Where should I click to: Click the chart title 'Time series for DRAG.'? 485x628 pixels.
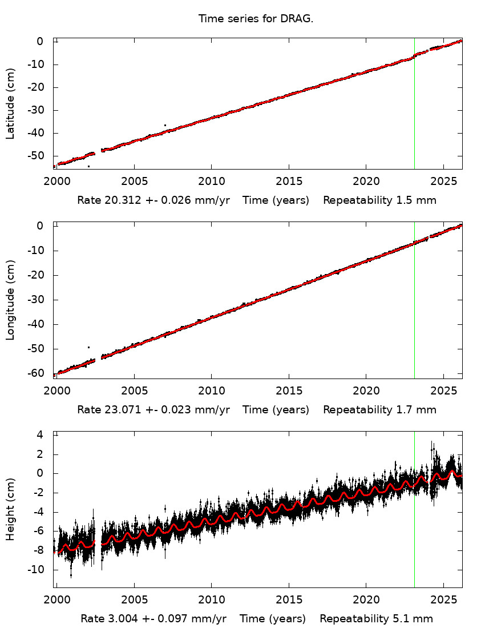point(256,19)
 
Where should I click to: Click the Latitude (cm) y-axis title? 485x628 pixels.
point(10,103)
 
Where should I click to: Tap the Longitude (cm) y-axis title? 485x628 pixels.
point(10,300)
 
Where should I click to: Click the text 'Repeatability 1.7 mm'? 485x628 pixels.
point(379,410)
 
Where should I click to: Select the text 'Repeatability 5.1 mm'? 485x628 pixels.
point(376,619)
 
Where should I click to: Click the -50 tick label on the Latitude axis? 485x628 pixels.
point(36,156)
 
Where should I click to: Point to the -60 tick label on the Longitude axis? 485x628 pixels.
point(36,373)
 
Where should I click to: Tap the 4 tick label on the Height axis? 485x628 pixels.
point(41,435)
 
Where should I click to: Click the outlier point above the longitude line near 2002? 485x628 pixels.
point(88,347)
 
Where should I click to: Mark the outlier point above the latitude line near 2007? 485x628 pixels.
point(165,125)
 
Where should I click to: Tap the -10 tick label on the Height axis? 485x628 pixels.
point(36,570)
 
